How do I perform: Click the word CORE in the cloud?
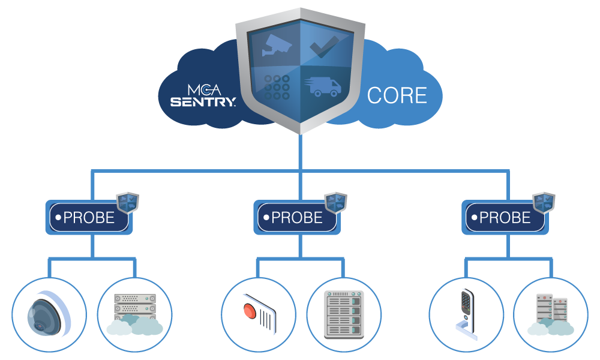(397, 95)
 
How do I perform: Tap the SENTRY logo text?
(203, 102)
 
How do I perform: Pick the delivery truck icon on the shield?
(325, 88)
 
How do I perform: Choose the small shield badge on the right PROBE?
(544, 203)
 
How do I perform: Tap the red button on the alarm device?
(250, 311)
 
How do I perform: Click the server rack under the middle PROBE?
(343, 314)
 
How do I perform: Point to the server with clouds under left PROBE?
(134, 314)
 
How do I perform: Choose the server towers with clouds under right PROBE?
(551, 314)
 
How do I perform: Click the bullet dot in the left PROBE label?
(58, 217)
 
